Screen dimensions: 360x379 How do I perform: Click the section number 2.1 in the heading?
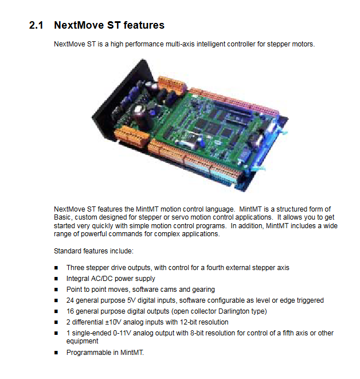click(36, 25)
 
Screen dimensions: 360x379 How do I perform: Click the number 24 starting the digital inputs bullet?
click(70, 300)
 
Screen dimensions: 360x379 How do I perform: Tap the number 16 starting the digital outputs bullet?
click(70, 311)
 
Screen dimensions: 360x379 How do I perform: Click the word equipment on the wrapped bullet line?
click(82, 341)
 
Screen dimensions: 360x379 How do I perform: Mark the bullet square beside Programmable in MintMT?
click(56, 353)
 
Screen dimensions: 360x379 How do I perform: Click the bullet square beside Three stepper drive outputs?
click(56, 268)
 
